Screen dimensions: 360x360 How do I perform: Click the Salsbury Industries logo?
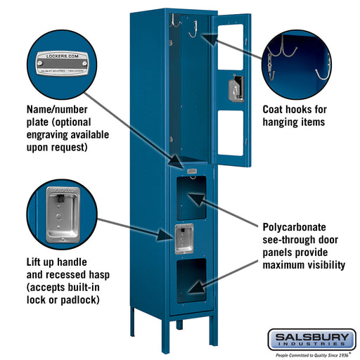click(x=311, y=339)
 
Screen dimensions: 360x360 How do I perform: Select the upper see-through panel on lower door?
click(x=191, y=197)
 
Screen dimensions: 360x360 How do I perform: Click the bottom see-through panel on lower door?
click(x=191, y=279)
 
